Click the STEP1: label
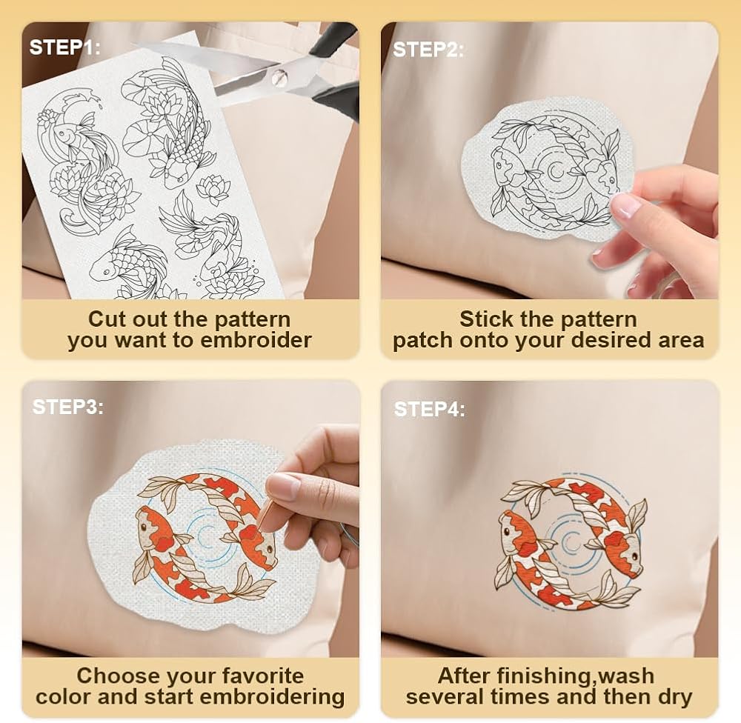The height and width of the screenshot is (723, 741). pos(64,47)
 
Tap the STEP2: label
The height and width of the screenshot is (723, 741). pos(428,50)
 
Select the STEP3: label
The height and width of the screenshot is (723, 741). pos(67,407)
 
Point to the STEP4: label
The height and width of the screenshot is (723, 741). pos(429,409)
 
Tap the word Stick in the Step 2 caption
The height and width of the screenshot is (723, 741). pos(482,319)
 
